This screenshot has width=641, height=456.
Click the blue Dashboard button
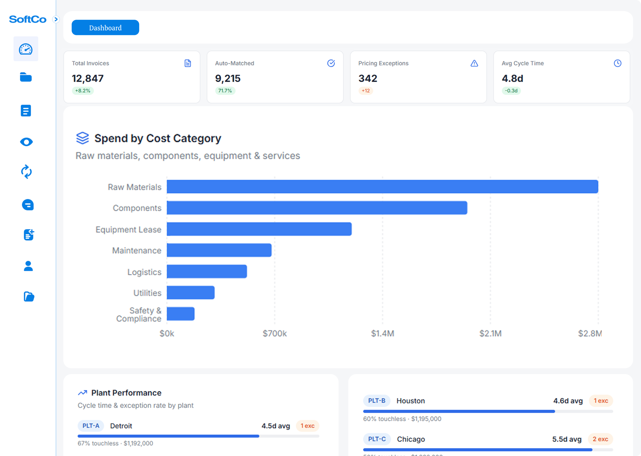pyautogui.click(x=105, y=28)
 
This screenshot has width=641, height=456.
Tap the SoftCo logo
pyautogui.click(x=28, y=19)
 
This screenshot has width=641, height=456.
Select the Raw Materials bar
pyautogui.click(x=382, y=187)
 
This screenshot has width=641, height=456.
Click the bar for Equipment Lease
pyautogui.click(x=259, y=229)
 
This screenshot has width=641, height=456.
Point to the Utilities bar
pyautogui.click(x=191, y=293)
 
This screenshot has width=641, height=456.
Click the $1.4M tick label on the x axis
pyautogui.click(x=382, y=333)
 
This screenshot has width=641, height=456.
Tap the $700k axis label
pyautogui.click(x=274, y=333)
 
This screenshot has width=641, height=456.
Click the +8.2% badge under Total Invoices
pyautogui.click(x=83, y=91)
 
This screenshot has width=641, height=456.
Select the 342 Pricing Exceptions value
pyautogui.click(x=368, y=78)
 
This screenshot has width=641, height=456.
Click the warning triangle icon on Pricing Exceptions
pyautogui.click(x=474, y=63)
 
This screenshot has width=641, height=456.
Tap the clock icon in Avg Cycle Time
pyautogui.click(x=617, y=63)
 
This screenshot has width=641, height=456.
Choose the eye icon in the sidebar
pyautogui.click(x=26, y=142)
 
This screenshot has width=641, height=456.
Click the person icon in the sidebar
pyautogui.click(x=28, y=266)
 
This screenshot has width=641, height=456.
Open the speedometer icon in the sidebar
pyautogui.click(x=26, y=49)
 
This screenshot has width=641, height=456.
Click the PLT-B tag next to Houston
pyautogui.click(x=377, y=401)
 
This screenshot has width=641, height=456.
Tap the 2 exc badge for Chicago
pyautogui.click(x=600, y=439)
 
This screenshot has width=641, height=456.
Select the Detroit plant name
pyautogui.click(x=121, y=426)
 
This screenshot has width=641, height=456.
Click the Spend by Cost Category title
pyautogui.click(x=158, y=138)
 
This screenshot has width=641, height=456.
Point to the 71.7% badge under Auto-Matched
pyautogui.click(x=225, y=91)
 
